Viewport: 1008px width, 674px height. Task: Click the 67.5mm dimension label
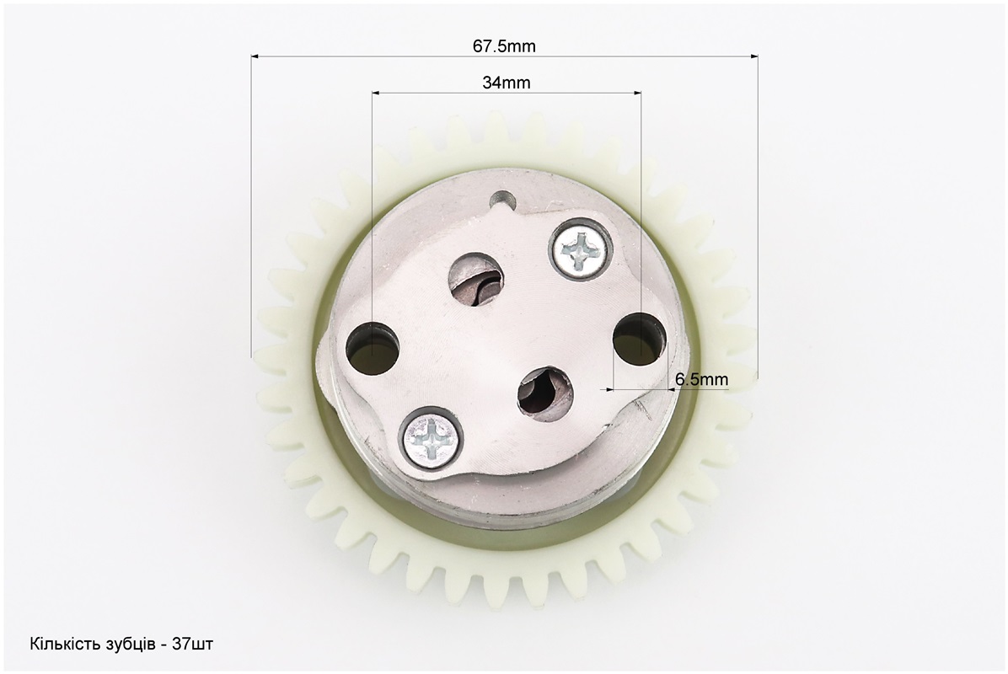click(x=504, y=46)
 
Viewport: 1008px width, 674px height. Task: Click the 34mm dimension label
click(x=506, y=83)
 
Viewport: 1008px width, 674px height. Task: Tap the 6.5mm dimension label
click(x=701, y=379)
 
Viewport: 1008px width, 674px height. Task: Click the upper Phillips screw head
click(x=580, y=249)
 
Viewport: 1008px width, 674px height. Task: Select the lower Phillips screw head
click(x=432, y=438)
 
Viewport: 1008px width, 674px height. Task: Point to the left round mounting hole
click(x=373, y=349)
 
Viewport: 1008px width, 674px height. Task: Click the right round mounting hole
click(x=638, y=340)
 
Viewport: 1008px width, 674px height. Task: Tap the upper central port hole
click(x=475, y=279)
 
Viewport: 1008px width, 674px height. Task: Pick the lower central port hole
click(x=545, y=393)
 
